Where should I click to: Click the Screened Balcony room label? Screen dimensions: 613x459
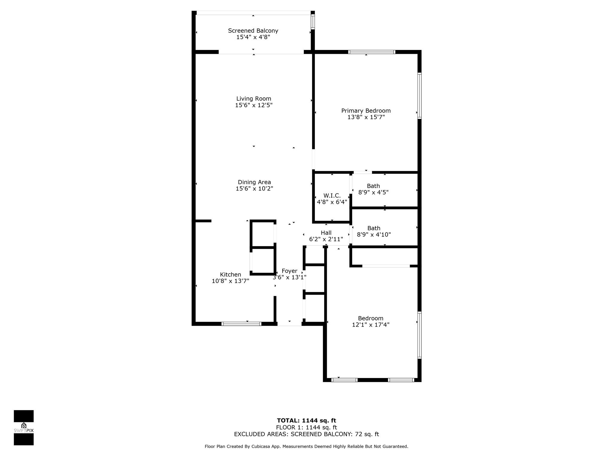coord(253,30)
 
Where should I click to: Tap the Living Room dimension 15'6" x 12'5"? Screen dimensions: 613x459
coord(254,105)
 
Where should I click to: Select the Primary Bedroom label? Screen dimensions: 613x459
coord(366,111)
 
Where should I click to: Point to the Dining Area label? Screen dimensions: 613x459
coord(254,182)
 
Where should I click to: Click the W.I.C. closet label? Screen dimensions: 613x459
coord(332,195)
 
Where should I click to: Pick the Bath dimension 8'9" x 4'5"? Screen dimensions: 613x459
coord(373,192)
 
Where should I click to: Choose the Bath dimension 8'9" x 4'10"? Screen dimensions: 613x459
coord(374,235)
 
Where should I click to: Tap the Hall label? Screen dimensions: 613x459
coord(326,232)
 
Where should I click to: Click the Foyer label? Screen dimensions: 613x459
coord(289,271)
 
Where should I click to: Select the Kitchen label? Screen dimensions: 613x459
coord(230,274)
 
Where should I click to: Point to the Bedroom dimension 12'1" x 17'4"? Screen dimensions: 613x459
coord(371,325)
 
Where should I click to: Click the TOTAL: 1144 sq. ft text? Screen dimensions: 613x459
coord(306,421)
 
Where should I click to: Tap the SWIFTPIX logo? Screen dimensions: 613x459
coord(24,428)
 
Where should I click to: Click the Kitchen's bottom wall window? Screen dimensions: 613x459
coord(241,324)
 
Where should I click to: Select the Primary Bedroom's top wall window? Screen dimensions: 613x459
coord(372,52)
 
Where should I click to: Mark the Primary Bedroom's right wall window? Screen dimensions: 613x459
coord(419,96)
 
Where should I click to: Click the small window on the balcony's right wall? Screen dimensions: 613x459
coord(313,22)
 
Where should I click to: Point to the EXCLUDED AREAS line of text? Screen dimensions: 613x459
coord(306,434)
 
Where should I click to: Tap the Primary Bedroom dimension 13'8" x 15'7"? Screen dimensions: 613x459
coord(366,117)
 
